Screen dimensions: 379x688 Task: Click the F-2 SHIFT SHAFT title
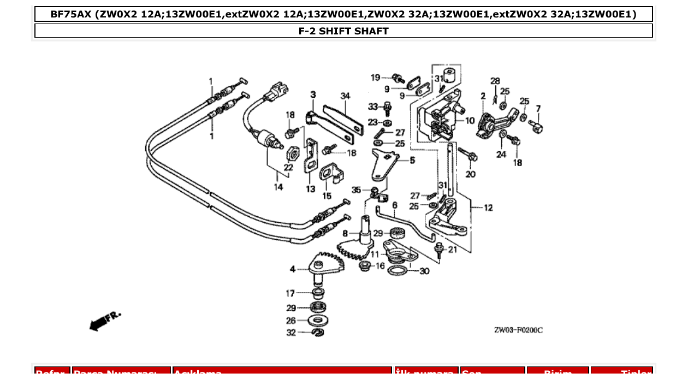[343, 31]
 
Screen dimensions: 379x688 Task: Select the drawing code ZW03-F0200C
[518, 330]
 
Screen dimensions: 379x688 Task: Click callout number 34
[345, 96]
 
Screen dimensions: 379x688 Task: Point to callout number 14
[278, 187]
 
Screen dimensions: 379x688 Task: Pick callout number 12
[488, 208]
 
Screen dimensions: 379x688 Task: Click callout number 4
[293, 269]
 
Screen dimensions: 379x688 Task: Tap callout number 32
[291, 333]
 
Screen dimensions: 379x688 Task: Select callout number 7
[538, 109]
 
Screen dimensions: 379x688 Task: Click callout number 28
[495, 81]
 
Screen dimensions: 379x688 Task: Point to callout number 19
[375, 78]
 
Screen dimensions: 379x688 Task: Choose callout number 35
[356, 190]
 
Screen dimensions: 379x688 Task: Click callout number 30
[424, 271]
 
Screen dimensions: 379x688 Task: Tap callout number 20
[470, 174]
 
